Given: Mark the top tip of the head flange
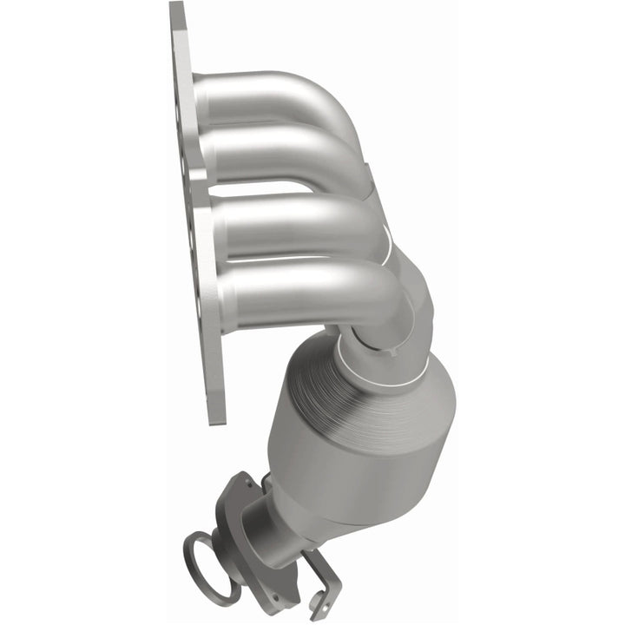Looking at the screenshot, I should (177, 9).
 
